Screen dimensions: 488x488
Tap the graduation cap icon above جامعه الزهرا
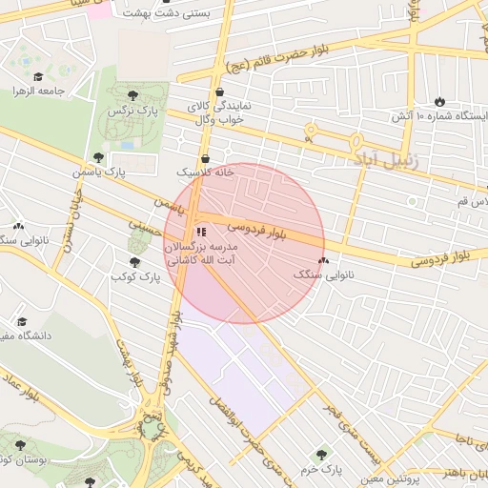click(x=37, y=76)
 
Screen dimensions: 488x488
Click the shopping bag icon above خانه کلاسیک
click(x=206, y=158)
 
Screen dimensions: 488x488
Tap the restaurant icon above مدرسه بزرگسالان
click(x=200, y=232)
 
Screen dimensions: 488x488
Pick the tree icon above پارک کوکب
click(x=134, y=262)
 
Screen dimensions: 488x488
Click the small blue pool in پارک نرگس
click(x=128, y=145)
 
